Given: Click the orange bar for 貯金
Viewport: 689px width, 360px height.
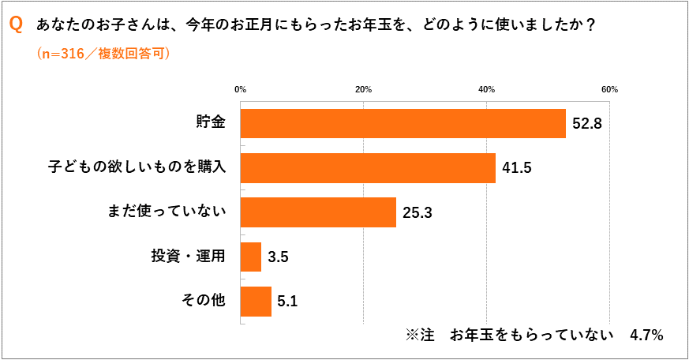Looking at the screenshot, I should pyautogui.click(x=403, y=123).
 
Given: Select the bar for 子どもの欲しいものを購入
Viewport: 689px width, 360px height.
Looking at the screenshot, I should pyautogui.click(x=368, y=167).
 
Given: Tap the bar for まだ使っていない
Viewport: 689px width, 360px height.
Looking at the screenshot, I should pyautogui.click(x=318, y=212).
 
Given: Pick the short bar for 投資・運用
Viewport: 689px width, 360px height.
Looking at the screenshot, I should pyautogui.click(x=250, y=257).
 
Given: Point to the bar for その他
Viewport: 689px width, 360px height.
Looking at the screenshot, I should pyautogui.click(x=256, y=301).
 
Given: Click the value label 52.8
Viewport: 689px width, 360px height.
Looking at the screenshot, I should pyautogui.click(x=588, y=124).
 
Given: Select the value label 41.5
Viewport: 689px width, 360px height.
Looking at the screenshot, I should pyautogui.click(x=518, y=168).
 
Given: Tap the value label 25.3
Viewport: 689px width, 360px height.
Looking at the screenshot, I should pyautogui.click(x=418, y=212).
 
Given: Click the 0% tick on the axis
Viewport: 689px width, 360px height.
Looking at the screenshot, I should pyautogui.click(x=241, y=89).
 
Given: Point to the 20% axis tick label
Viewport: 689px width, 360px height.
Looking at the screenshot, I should pyautogui.click(x=363, y=89).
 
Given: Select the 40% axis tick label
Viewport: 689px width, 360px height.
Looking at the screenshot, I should pyautogui.click(x=486, y=89).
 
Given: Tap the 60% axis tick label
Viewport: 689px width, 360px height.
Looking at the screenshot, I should pyautogui.click(x=609, y=89).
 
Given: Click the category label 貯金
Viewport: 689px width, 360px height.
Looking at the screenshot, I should pyautogui.click(x=211, y=123).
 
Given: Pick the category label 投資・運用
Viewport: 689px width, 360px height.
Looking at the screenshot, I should pyautogui.click(x=189, y=257).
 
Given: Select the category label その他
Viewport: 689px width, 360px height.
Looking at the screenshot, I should pyautogui.click(x=204, y=301).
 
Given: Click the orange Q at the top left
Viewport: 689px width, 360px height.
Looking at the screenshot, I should pyautogui.click(x=16, y=25).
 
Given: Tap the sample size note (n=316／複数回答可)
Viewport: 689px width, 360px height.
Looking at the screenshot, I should pyautogui.click(x=103, y=54).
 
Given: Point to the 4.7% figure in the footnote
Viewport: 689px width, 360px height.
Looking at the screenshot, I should pyautogui.click(x=646, y=335).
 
